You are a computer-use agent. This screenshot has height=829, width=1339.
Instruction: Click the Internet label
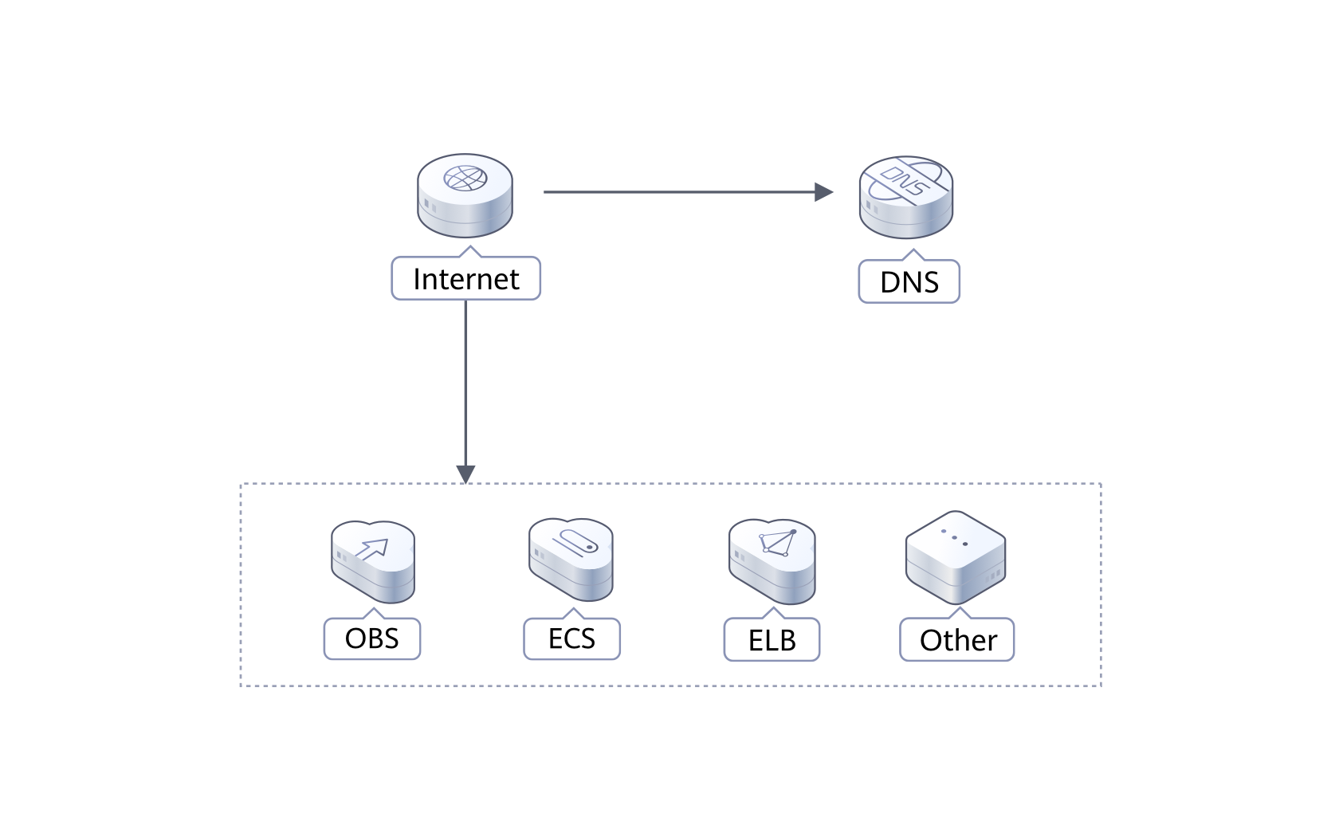click(x=465, y=279)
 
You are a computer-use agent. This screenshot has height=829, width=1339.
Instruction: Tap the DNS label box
click(x=909, y=282)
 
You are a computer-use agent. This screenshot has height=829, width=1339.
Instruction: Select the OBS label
click(x=371, y=638)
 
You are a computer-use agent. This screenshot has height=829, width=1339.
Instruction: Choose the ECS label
click(x=571, y=638)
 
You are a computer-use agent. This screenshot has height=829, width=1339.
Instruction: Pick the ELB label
click(x=772, y=640)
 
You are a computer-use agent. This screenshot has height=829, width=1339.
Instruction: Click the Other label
click(x=957, y=640)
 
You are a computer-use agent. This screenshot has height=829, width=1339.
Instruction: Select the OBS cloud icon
click(x=373, y=561)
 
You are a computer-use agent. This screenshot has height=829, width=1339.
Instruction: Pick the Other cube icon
click(x=956, y=558)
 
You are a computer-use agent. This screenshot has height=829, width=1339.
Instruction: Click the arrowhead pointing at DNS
click(x=824, y=192)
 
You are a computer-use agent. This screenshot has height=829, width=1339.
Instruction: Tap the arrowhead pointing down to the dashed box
click(x=465, y=473)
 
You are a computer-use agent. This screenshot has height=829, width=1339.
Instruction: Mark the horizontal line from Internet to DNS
click(x=677, y=192)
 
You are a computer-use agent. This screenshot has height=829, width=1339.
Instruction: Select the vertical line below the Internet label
click(x=465, y=383)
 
